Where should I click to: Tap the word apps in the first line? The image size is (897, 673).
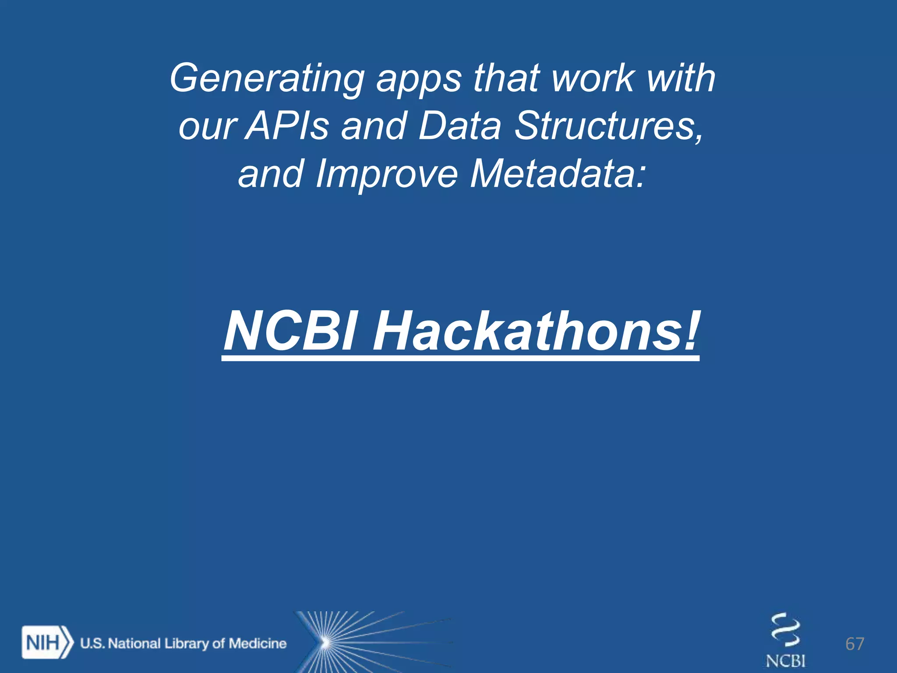tap(419, 79)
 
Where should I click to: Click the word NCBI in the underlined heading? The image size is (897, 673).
tap(291, 331)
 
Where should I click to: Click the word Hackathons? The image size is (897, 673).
tap(526, 331)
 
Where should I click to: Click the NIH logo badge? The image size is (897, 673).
tap(46, 643)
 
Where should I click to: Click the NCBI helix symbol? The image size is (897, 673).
tap(786, 631)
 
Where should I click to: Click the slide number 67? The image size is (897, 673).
tap(855, 644)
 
